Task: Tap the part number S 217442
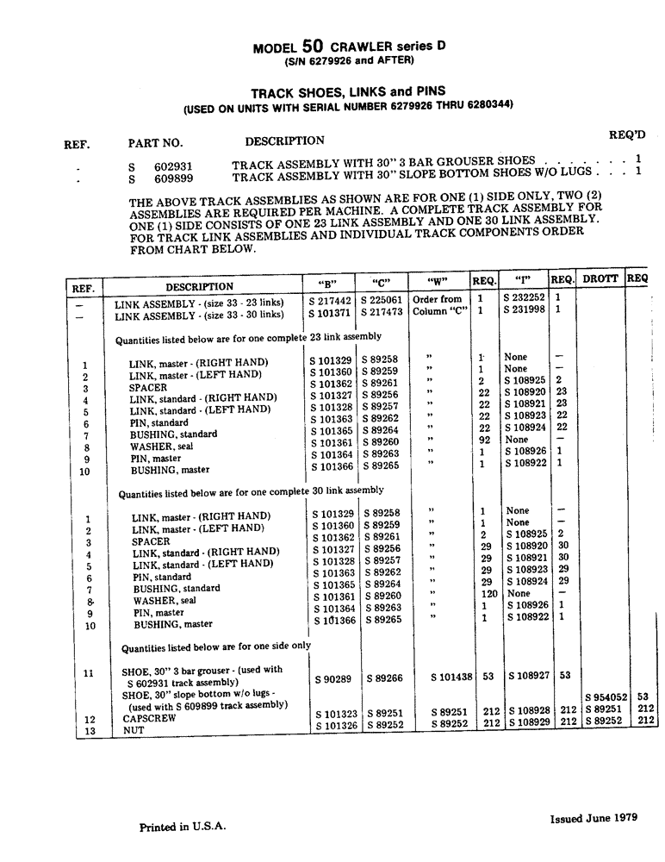pos(331,301)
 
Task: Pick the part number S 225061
pos(382,301)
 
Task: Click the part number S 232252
pos(525,298)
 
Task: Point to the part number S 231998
pos(525,310)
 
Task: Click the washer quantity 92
pos(485,440)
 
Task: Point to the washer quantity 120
pos(488,594)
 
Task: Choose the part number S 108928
pos(530,710)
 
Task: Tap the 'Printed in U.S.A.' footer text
pos(183,827)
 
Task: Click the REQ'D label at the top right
pos(627,134)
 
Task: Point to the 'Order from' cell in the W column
pos(438,299)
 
